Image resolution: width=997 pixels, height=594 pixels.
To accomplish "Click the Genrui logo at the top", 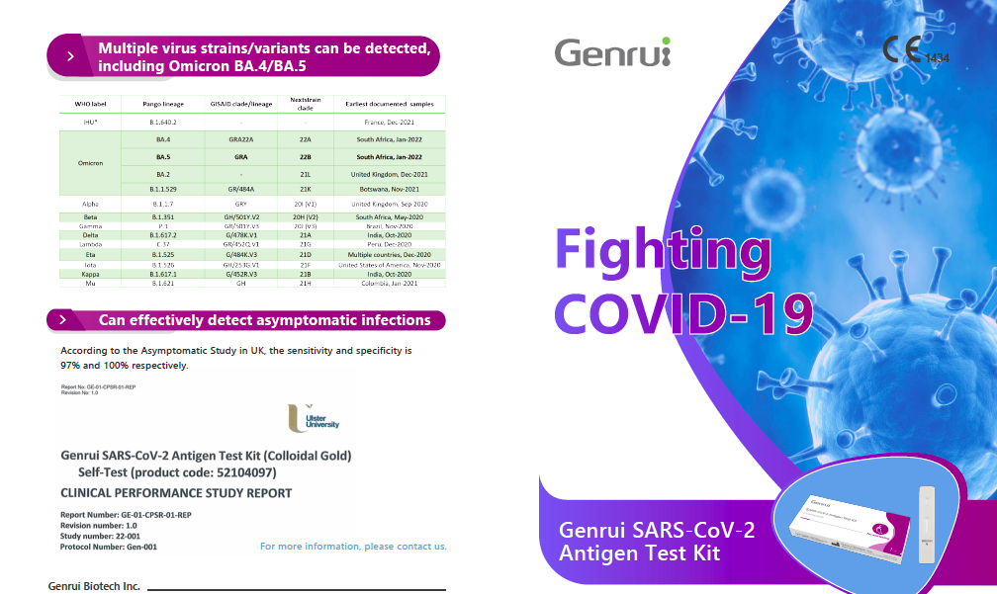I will [x=611, y=51].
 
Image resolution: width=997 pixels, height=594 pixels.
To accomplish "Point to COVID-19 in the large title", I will [x=683, y=313].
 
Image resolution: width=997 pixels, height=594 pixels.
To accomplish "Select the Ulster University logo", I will [x=314, y=417].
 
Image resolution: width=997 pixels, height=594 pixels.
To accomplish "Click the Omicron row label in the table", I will [x=91, y=162].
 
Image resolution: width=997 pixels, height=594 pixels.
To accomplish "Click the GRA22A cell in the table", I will [x=240, y=139].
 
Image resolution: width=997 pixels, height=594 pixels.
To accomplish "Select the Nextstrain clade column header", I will [x=306, y=104].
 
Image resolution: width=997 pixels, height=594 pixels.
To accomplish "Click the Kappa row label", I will [x=90, y=274].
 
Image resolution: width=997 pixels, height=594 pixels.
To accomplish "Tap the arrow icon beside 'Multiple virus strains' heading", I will [x=70, y=56].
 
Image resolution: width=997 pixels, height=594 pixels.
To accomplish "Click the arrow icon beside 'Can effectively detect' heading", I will [x=62, y=320].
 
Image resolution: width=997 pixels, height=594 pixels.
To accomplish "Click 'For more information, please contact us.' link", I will [x=353, y=546].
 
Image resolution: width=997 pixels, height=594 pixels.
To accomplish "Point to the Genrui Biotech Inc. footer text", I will [x=94, y=586].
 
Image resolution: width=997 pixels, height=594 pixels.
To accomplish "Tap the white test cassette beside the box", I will [x=927, y=525].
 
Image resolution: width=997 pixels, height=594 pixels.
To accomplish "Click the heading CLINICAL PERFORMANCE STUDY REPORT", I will [x=176, y=492].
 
